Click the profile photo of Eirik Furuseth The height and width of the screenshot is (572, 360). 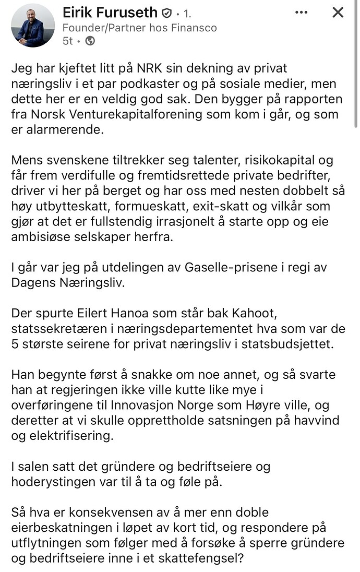[x=32, y=26]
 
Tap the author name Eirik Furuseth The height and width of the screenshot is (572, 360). [x=110, y=13]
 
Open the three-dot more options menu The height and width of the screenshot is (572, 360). [x=302, y=13]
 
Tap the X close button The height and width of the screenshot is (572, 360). [x=338, y=13]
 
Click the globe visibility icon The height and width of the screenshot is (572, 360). [x=90, y=41]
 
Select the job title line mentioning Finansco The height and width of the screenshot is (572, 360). [x=139, y=28]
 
